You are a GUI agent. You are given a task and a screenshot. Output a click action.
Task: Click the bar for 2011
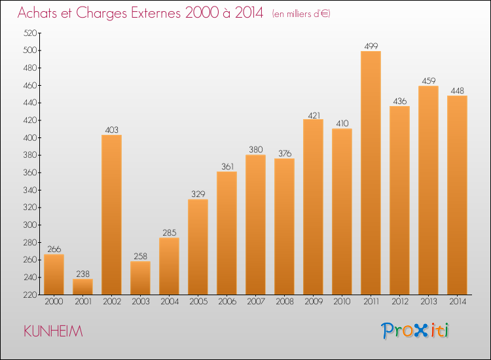pos(371,173)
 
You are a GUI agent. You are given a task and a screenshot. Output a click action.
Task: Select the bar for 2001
pos(82,287)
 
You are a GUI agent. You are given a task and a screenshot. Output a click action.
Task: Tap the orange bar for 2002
pos(111,215)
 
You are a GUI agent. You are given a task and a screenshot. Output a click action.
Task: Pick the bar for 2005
pos(198,247)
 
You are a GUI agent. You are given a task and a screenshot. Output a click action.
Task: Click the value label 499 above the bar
pos(371,46)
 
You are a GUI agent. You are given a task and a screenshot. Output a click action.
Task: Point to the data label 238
pos(82,274)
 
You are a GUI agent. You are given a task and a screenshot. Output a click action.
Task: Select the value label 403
pos(111,130)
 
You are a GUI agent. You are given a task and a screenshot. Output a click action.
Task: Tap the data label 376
pos(285,153)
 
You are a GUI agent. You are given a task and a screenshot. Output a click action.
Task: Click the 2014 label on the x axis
pos(458,302)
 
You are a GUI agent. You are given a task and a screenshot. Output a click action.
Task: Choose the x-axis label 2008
pos(285,302)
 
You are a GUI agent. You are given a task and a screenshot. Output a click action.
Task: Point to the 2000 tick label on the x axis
pos(54,302)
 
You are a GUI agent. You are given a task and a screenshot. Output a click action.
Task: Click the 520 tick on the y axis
pos(30,33)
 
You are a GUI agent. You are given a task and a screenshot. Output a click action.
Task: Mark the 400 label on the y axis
pos(30,137)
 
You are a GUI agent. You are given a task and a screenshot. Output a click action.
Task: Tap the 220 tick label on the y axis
pos(30,295)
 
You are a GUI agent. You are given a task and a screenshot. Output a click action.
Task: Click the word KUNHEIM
pos(53,331)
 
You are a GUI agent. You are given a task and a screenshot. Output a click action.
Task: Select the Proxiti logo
pos(415,331)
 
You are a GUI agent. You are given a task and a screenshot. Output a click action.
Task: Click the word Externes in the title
pos(156,13)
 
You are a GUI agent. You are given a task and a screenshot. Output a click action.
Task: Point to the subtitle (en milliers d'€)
pos(301,14)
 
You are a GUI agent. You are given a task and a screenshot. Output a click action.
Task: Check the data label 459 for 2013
pos(429,81)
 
